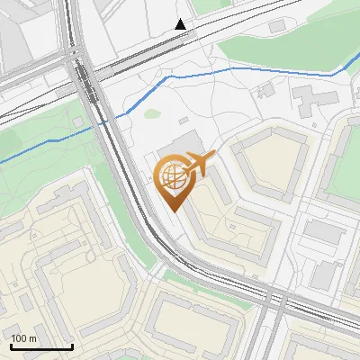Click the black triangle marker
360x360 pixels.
click(x=181, y=24)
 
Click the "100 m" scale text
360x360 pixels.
click(x=24, y=338)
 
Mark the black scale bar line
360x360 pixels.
click(x=41, y=346)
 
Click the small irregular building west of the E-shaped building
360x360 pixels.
click(x=265, y=90)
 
